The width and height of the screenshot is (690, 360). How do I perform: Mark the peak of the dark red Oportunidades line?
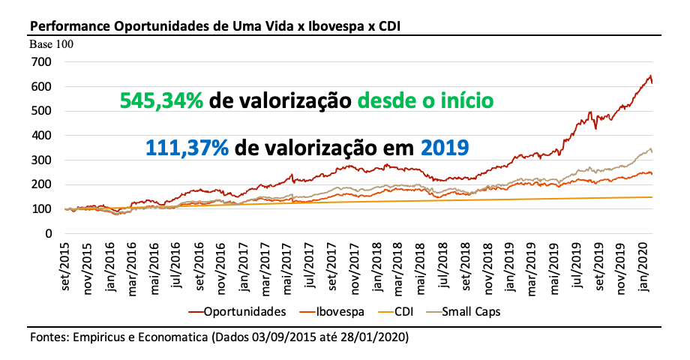tap(649, 75)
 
